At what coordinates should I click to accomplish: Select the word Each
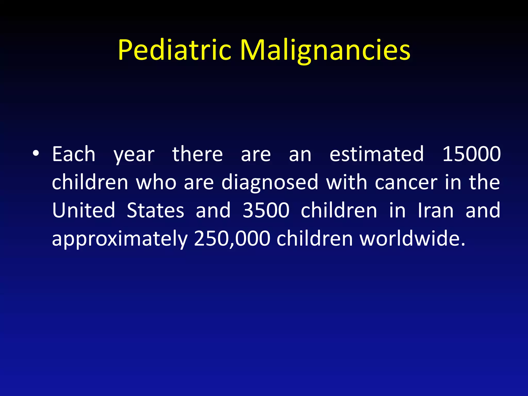pyautogui.click(x=74, y=154)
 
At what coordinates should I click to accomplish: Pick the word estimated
pyautogui.click(x=377, y=154)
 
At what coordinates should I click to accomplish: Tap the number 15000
pyautogui.click(x=472, y=154)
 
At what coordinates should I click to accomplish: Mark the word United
pyautogui.click(x=84, y=210)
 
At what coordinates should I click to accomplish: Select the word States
pyautogui.click(x=155, y=210)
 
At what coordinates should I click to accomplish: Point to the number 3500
pyautogui.click(x=266, y=210)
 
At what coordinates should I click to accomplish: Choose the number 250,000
pyautogui.click(x=232, y=239)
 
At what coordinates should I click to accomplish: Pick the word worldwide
pyautogui.click(x=412, y=238)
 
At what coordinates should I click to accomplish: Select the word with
pyautogui.click(x=346, y=183)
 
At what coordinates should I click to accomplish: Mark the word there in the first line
pyautogui.click(x=197, y=154)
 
